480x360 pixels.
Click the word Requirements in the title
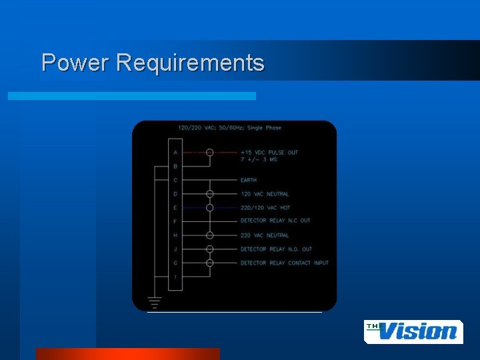point(190,63)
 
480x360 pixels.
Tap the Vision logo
point(413,331)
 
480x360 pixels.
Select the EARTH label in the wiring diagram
point(249,180)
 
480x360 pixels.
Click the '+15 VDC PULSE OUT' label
point(269,152)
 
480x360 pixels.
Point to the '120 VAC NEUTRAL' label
point(265,194)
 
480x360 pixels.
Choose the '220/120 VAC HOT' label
point(265,207)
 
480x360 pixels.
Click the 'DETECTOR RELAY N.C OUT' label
point(275,221)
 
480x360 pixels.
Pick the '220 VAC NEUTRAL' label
point(265,235)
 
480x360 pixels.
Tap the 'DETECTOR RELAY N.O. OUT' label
point(276,249)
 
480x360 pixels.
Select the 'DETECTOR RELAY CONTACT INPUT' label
point(284,263)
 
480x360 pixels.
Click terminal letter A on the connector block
point(175,152)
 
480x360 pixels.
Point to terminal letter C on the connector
point(175,180)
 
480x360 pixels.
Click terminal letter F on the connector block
point(175,221)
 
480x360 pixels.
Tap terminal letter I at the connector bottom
point(175,277)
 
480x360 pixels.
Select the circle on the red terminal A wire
point(209,152)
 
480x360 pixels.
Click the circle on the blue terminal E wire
point(209,207)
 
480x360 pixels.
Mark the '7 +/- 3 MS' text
point(259,160)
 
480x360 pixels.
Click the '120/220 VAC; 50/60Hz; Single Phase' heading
point(229,128)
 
